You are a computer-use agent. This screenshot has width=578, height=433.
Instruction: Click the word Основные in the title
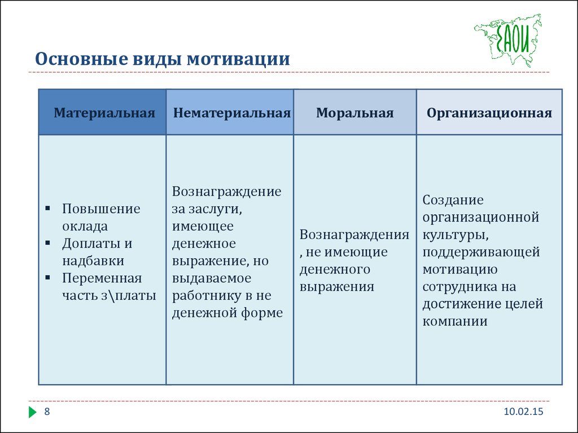pyautogui.click(x=81, y=59)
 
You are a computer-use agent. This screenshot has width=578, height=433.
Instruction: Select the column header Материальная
pyautogui.click(x=104, y=113)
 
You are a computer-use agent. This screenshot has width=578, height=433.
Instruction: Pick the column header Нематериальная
pyautogui.click(x=232, y=113)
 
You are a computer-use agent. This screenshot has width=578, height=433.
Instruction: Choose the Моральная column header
pyautogui.click(x=354, y=113)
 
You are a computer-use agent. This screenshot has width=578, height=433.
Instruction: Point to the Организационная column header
pyautogui.click(x=489, y=113)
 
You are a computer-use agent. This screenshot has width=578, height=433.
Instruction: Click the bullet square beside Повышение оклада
pyautogui.click(x=47, y=209)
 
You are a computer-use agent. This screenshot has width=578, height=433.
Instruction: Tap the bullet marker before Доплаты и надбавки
pyautogui.click(x=47, y=243)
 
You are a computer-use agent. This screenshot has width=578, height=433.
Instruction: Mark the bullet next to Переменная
pyautogui.click(x=47, y=277)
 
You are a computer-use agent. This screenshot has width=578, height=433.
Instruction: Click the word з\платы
pyautogui.click(x=129, y=295)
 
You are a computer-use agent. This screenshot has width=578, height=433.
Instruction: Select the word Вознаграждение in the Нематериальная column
pyautogui.click(x=226, y=192)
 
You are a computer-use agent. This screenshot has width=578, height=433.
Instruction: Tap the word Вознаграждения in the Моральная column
pyautogui.click(x=354, y=235)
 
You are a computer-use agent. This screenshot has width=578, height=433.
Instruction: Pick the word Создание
pyautogui.click(x=453, y=200)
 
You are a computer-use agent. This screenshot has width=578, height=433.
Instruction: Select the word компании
pyautogui.click(x=455, y=321)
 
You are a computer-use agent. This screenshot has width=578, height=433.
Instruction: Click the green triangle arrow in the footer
pyautogui.click(x=32, y=412)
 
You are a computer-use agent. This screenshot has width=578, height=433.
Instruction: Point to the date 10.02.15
pyautogui.click(x=523, y=411)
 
